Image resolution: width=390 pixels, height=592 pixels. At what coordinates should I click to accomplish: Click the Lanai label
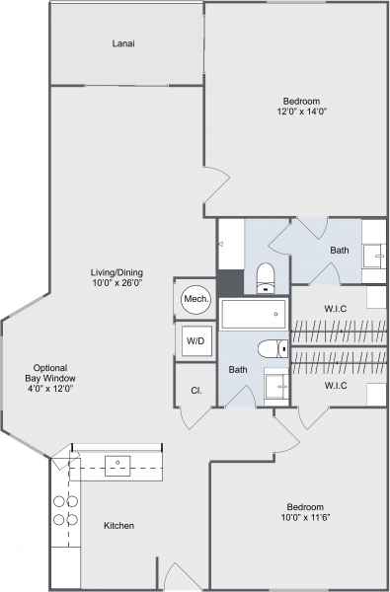click(123, 43)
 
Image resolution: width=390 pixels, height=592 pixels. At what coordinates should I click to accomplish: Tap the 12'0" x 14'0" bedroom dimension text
click(301, 111)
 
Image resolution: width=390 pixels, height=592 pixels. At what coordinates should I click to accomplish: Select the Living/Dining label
click(117, 272)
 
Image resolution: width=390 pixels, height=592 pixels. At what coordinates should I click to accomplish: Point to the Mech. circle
click(196, 299)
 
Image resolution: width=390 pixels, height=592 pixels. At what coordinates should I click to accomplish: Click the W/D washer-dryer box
click(196, 341)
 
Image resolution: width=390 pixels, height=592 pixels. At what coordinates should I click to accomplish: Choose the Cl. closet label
click(196, 391)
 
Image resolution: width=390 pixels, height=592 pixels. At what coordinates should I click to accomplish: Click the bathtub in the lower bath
click(253, 314)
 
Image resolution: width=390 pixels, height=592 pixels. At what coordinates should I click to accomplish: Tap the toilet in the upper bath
click(266, 278)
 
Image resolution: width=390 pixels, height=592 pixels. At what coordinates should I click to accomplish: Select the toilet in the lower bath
click(273, 348)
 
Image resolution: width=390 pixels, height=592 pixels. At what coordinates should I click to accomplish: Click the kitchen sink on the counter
click(117, 466)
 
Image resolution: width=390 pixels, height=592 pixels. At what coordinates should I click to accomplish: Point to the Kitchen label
click(118, 526)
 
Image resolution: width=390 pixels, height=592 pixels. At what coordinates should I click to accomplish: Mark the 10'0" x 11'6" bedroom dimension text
click(306, 517)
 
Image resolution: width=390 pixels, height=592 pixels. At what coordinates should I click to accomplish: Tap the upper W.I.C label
click(336, 309)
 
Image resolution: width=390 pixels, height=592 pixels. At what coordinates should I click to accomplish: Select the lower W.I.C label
click(336, 386)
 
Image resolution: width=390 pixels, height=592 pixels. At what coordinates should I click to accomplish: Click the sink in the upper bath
click(374, 257)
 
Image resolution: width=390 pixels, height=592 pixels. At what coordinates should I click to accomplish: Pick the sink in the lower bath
click(276, 387)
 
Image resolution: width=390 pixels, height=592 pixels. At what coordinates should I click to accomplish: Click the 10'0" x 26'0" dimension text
click(117, 282)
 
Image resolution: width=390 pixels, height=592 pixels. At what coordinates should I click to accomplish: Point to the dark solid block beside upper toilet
click(230, 283)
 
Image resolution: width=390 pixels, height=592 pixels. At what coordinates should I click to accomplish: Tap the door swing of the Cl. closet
click(195, 419)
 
